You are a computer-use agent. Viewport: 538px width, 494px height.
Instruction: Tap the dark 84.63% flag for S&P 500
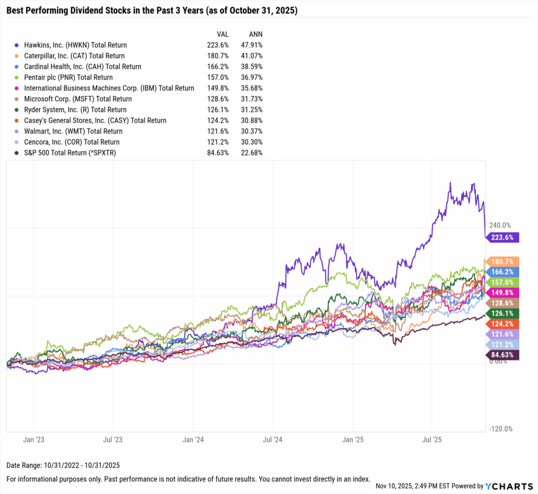point(503,355)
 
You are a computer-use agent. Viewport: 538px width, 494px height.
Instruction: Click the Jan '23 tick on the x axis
point(34,439)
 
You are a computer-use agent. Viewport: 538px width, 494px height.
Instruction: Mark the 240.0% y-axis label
point(501,225)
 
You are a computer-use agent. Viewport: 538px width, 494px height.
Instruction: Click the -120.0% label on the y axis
point(501,429)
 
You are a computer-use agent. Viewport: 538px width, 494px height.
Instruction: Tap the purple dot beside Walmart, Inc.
point(17,132)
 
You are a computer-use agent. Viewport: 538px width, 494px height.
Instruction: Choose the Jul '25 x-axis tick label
point(431,439)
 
